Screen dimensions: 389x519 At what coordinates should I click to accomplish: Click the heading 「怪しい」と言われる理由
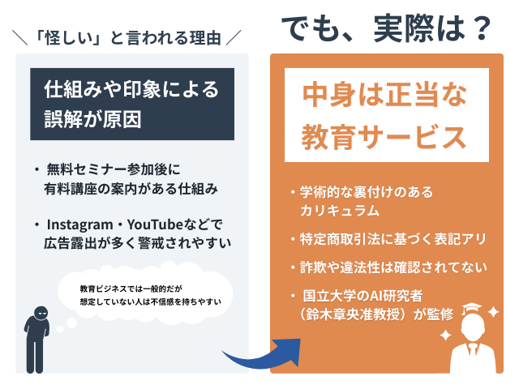[129, 37]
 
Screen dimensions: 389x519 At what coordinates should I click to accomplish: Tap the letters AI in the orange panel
[372, 294]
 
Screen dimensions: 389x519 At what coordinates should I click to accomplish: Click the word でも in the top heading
[311, 29]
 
